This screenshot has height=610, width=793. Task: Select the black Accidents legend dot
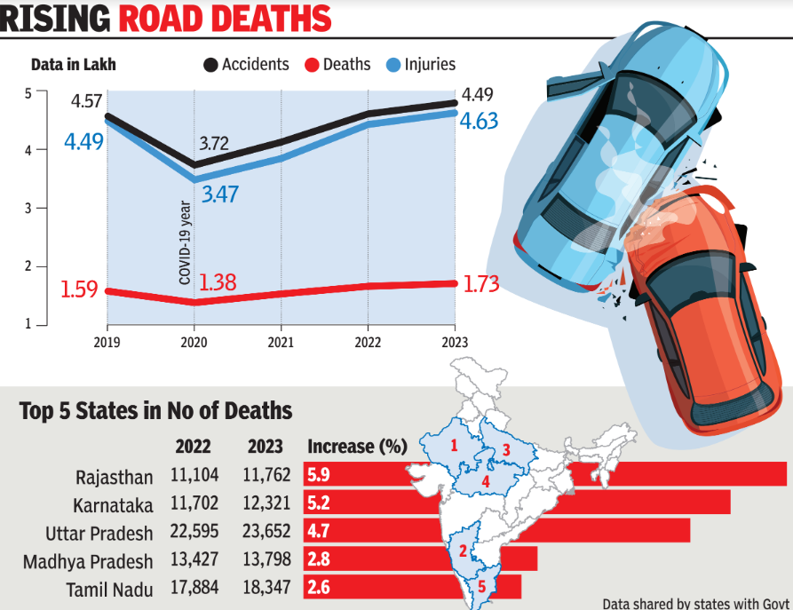point(210,65)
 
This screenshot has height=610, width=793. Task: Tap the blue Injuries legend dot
point(393,65)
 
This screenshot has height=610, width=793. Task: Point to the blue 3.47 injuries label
point(219,194)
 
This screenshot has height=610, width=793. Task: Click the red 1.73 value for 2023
point(481,283)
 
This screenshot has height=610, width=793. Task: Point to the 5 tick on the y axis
point(28,92)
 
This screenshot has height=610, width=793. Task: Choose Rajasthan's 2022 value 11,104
point(194,476)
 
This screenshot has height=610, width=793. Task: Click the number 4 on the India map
point(486,482)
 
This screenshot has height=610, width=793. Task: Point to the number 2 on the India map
point(463,551)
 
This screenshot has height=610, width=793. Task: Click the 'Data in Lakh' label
point(73,65)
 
